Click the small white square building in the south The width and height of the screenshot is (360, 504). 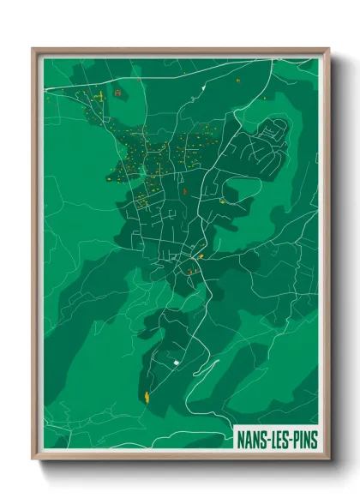(177, 363)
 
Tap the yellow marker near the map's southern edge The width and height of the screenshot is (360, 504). (147, 396)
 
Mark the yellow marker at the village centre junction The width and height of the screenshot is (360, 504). (201, 255)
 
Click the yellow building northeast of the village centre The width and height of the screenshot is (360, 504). (222, 201)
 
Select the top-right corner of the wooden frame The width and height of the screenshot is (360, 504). (328, 49)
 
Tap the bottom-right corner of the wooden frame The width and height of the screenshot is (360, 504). (328, 459)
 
